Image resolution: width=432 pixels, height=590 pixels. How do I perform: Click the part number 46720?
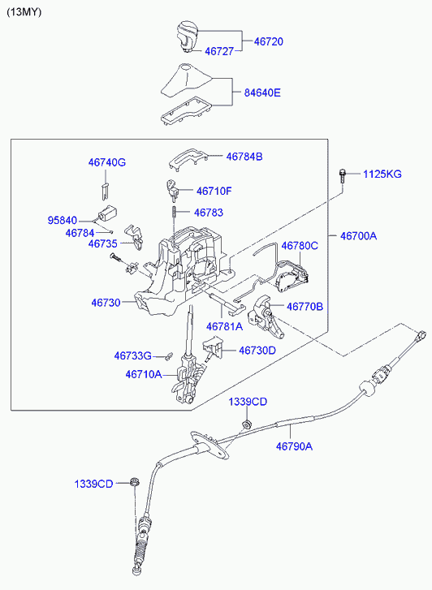pos(269,41)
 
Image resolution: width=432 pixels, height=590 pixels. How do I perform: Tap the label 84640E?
pos(262,93)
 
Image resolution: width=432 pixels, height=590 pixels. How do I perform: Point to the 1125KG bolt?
pos(342,176)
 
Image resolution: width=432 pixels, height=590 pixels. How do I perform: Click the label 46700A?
pos(359,236)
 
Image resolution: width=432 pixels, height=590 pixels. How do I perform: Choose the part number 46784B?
pos(244,157)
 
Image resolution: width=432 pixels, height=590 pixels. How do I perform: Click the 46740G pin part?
pos(106,192)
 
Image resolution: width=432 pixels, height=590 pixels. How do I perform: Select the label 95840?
pos(63,220)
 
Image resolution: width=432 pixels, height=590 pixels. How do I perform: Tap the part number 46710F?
pos(214,192)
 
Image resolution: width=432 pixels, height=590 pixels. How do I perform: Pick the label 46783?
pos(209,213)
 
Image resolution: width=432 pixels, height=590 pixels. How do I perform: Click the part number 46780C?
pos(300,246)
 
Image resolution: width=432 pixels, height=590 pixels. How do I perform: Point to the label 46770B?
pos(305,307)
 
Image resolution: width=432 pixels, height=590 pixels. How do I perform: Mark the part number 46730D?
pos(257,351)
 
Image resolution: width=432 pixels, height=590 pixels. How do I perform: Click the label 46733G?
pos(133,355)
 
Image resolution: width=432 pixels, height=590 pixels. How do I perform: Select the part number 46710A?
pos(144,374)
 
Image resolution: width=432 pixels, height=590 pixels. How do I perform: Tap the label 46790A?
pos(295,446)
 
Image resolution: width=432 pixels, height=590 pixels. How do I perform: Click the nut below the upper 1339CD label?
pos(247,424)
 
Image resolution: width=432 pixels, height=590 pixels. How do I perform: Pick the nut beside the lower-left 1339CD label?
pos(134,481)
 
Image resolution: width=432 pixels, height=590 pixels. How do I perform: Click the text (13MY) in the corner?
pos(24,12)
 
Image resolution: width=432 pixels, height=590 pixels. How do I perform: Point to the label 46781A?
pos(225,326)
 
